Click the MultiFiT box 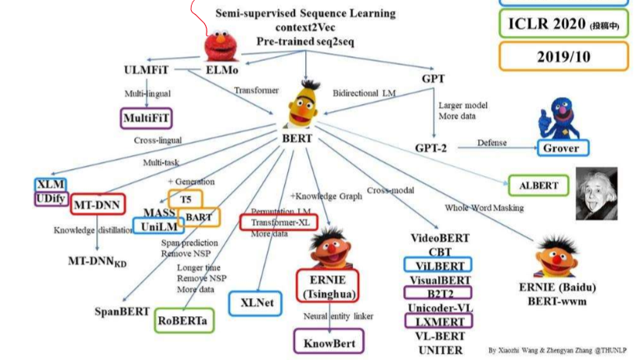[x=147, y=119]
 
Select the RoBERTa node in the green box [x=186, y=319]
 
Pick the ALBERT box [x=538, y=186]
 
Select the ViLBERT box [x=438, y=265]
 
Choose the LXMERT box [x=437, y=321]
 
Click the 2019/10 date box [x=563, y=57]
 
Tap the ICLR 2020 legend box [x=563, y=24]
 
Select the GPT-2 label [x=430, y=147]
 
